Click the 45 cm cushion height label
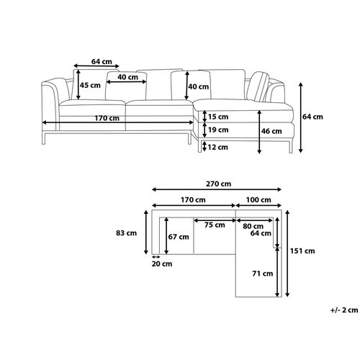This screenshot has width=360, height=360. point(90,85)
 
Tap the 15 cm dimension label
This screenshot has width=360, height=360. point(218,117)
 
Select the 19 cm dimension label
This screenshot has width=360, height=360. point(218,130)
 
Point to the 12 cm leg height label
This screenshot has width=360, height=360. point(217,147)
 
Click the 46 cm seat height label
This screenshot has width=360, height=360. point(271,131)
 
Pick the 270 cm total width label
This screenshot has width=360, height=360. point(218,184)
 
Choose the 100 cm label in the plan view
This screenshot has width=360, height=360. point(258,199)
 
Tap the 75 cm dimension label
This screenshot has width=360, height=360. point(215,225)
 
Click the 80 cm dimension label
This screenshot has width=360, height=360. point(253,226)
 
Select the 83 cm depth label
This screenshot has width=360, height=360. point(126,233)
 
